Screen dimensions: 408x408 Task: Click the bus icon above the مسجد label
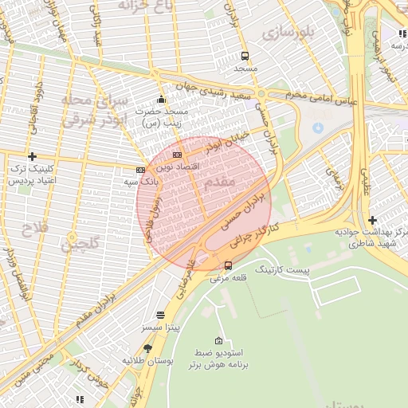(245, 56)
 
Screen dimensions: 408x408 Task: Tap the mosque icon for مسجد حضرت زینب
(161, 100)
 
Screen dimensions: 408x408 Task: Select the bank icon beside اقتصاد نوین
(177, 155)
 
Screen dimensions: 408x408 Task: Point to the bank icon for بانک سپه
(140, 170)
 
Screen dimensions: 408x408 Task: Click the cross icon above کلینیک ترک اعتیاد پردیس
(32, 156)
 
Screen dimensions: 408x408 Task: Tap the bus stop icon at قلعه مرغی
(229, 265)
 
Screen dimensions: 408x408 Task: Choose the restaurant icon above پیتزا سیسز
(160, 315)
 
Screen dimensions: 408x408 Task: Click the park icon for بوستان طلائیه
(147, 348)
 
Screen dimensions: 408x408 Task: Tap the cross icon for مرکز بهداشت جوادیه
(373, 220)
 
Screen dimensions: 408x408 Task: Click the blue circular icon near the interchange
(318, 127)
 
